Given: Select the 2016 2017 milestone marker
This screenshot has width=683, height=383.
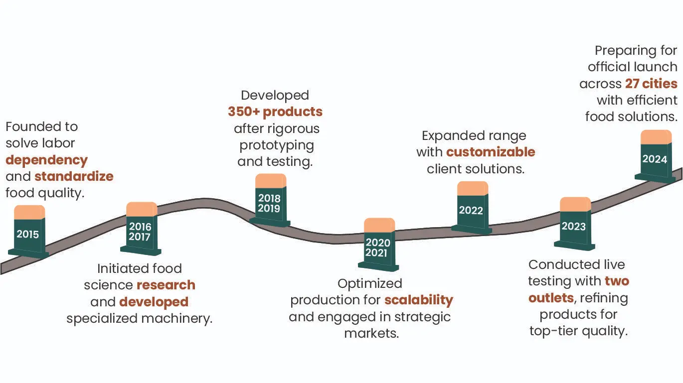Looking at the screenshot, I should pyautogui.click(x=140, y=231).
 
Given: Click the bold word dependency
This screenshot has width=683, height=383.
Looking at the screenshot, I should pyautogui.click(x=46, y=160).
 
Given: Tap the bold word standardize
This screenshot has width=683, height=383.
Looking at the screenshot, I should pyautogui.click(x=74, y=176).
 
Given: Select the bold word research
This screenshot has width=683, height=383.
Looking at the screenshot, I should pyautogui.click(x=166, y=285).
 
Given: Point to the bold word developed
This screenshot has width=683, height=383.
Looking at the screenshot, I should pyautogui.click(x=154, y=302).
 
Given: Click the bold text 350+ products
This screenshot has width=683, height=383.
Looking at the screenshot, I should pyautogui.click(x=275, y=112).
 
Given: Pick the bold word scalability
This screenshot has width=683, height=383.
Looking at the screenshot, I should pyautogui.click(x=419, y=300).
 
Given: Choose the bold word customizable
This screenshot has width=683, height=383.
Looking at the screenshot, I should pyautogui.click(x=491, y=152).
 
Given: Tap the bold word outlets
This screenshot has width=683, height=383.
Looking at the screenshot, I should pyautogui.click(x=551, y=298).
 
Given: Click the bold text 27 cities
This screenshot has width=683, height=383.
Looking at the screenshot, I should pyautogui.click(x=651, y=83).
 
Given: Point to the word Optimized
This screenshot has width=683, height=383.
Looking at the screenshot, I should pyautogui.click(x=370, y=283).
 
